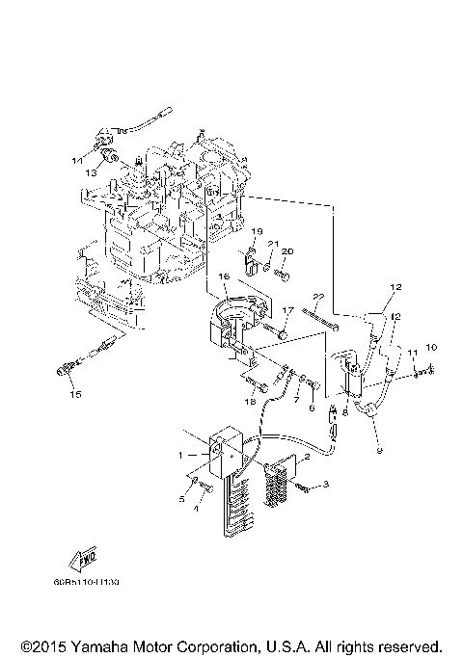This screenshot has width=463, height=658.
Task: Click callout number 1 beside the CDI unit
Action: tap(180, 454)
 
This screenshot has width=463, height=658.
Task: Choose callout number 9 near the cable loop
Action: tap(378, 449)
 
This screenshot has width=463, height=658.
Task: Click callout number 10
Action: tap(431, 346)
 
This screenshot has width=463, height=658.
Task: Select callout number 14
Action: tap(75, 160)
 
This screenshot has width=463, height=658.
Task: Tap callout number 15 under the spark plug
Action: tap(75, 394)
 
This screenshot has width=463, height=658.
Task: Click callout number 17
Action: tap(286, 310)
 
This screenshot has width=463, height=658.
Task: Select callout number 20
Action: tap(286, 251)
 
